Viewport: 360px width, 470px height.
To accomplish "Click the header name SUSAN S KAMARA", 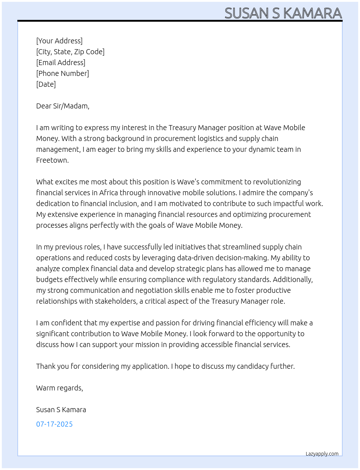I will pyautogui.click(x=283, y=13).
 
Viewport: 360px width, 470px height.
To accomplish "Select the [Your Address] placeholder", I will pyautogui.click(x=59, y=41).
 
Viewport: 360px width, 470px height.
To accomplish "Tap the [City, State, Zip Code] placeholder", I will pyautogui.click(x=70, y=52).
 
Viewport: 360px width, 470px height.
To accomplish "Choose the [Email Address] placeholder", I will pyautogui.click(x=61, y=63).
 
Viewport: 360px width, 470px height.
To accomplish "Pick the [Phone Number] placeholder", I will pyautogui.click(x=63, y=73).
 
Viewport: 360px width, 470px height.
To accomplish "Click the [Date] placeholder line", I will pyautogui.click(x=46, y=84).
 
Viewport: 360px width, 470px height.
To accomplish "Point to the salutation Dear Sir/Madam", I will pyautogui.click(x=63, y=106).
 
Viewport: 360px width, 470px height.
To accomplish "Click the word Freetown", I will pyautogui.click(x=52, y=160).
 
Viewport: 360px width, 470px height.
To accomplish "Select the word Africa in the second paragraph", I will pyautogui.click(x=108, y=193).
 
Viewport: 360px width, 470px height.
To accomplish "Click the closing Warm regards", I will pyautogui.click(x=59, y=388).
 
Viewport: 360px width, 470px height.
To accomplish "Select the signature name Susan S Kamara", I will pyautogui.click(x=61, y=410).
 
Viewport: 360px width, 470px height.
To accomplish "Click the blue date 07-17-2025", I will pyautogui.click(x=54, y=424).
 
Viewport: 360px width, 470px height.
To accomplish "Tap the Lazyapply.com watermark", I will pyautogui.click(x=322, y=454).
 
